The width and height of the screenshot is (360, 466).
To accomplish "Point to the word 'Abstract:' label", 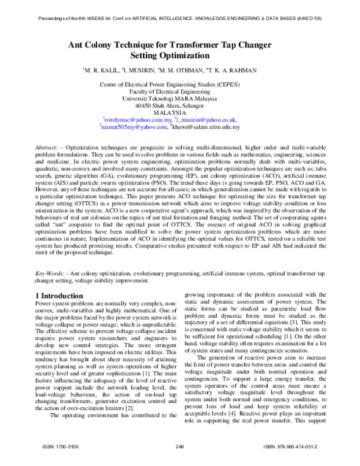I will [47, 147].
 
